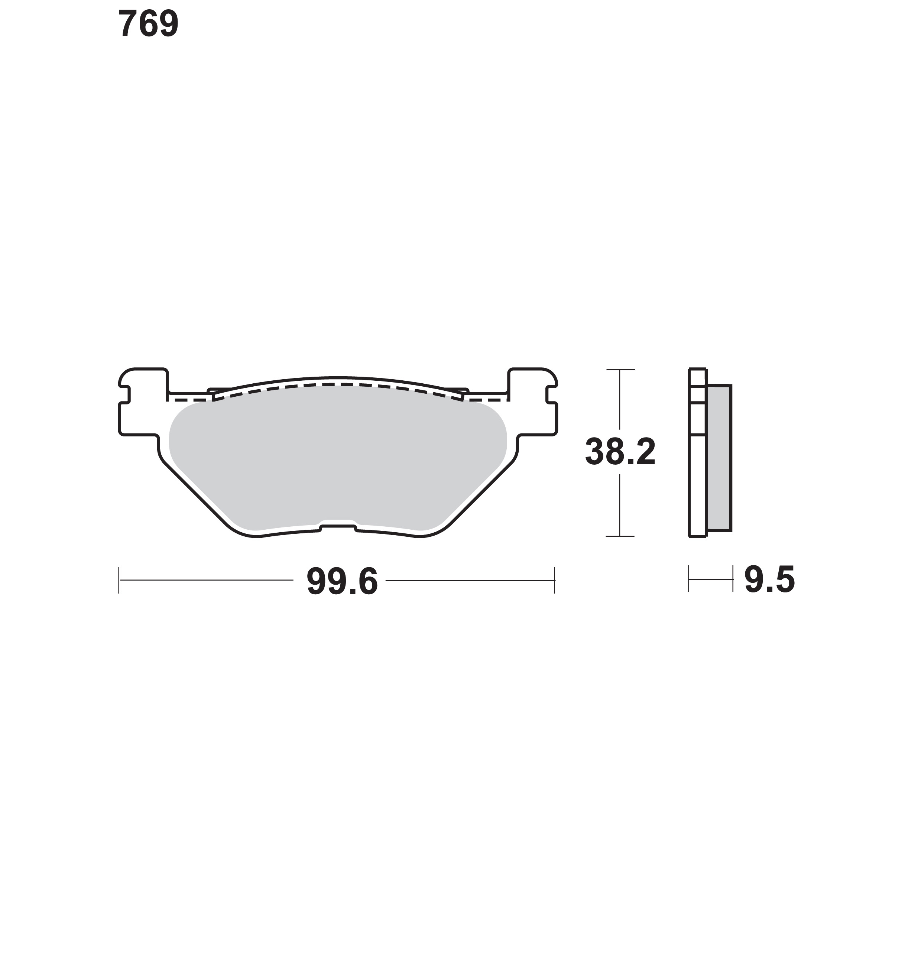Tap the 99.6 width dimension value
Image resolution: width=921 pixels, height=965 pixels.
[x=342, y=582]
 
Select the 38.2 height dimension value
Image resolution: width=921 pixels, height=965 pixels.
[x=620, y=452]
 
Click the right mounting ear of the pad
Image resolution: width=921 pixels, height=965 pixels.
[x=533, y=402]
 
